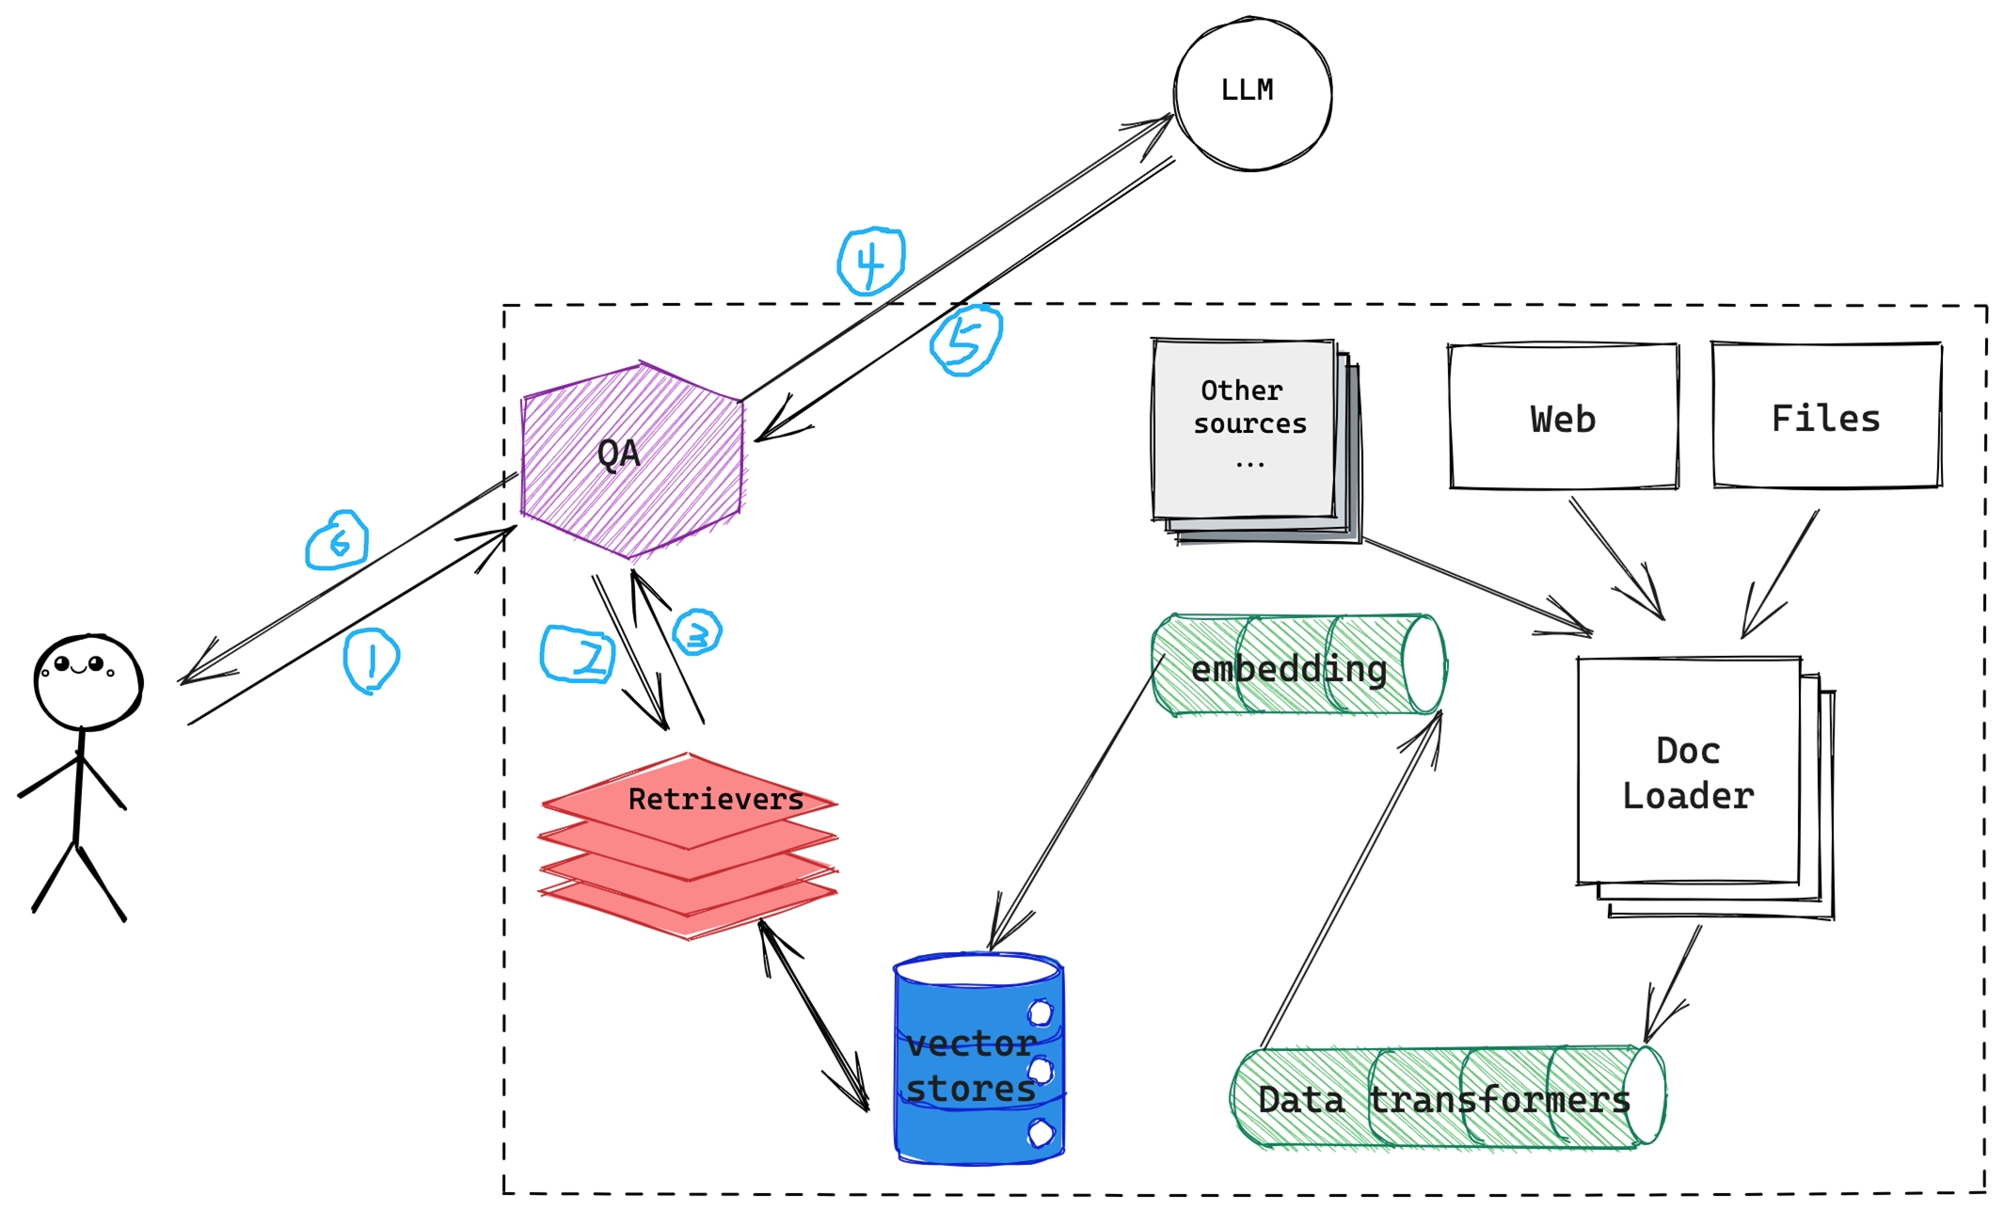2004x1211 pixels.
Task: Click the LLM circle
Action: click(1252, 93)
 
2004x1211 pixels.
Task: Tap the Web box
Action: click(1564, 418)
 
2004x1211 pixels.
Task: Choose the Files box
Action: click(1826, 417)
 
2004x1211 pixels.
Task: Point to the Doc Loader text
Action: click(1688, 773)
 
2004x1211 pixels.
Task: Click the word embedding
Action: click(1288, 669)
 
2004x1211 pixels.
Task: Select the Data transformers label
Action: click(1443, 1099)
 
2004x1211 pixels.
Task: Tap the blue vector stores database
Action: click(978, 1063)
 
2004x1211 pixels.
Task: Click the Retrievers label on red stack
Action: click(715, 799)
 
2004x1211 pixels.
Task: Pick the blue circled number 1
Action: click(371, 661)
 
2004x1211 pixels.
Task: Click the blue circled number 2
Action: click(578, 654)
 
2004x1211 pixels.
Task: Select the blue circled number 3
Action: click(697, 632)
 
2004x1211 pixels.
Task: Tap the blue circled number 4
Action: click(871, 261)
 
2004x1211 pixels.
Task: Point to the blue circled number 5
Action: click(965, 340)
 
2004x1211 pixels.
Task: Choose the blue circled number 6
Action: click(337, 540)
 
